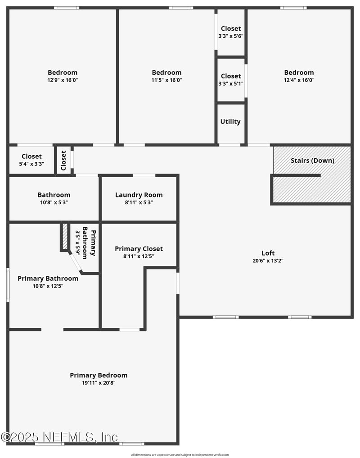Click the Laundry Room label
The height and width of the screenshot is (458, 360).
tap(139, 195)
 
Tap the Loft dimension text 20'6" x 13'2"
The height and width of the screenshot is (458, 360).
tap(268, 261)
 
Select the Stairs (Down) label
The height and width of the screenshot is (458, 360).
tap(312, 160)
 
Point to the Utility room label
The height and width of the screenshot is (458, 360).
tap(230, 121)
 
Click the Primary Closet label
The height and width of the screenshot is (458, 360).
tap(139, 249)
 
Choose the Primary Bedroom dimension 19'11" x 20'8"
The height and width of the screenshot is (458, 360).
tap(99, 383)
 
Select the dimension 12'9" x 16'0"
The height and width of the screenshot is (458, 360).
tap(63, 80)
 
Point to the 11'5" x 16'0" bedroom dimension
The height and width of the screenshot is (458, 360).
tap(166, 80)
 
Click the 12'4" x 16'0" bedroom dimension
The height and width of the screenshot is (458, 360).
tap(299, 80)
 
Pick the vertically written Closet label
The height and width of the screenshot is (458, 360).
tap(63, 160)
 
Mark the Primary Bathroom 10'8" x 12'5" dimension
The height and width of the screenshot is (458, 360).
tap(48, 285)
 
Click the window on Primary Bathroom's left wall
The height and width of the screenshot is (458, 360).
tap(8, 285)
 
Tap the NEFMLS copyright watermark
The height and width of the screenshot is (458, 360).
tap(59, 437)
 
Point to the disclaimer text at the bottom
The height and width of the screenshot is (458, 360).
tap(180, 455)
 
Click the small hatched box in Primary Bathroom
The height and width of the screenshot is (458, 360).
tap(65, 236)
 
